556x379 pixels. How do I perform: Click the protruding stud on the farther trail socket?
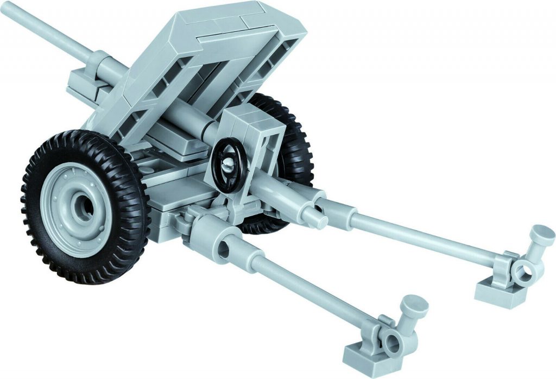315,218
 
